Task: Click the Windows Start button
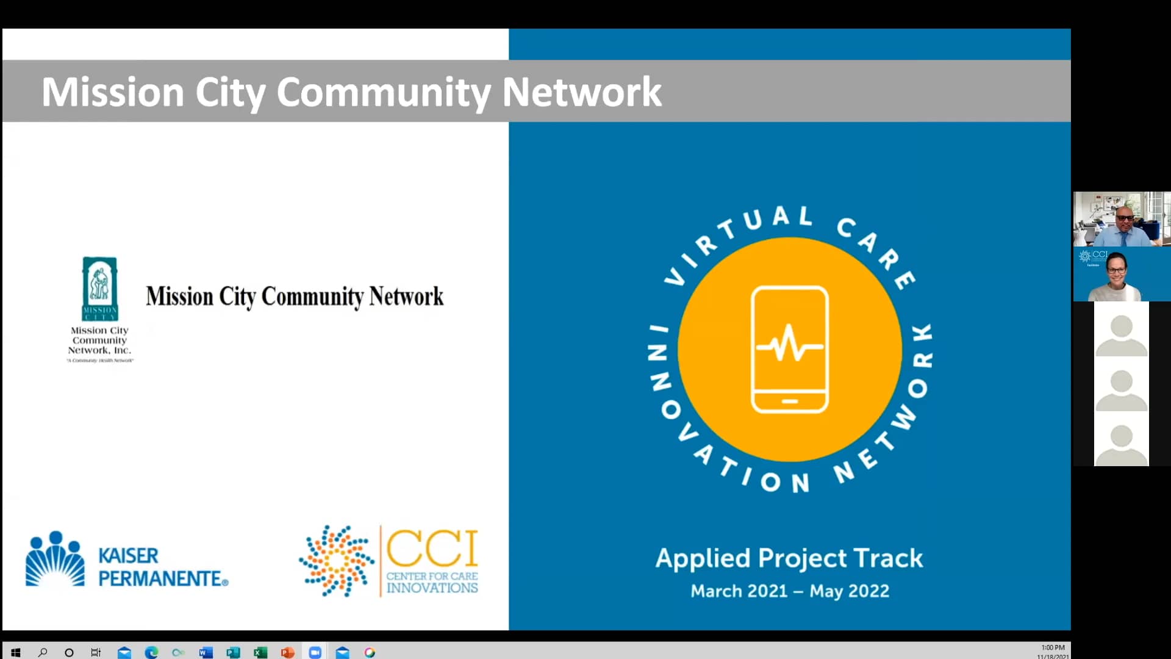pos(16,652)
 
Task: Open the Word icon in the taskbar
pos(206,652)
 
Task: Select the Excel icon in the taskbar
pos(260,652)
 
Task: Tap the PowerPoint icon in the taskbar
pos(287,652)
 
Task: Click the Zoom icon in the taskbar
pos(315,652)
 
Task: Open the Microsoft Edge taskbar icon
pos(151,652)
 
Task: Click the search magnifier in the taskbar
pos(43,652)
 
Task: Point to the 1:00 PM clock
pos(1053,647)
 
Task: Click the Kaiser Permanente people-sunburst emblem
pos(55,559)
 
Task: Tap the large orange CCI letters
pos(432,548)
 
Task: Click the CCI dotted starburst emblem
pos(336,561)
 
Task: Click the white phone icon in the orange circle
pos(789,350)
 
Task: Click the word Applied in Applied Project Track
pos(703,558)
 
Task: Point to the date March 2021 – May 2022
pos(790,591)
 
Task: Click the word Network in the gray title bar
pos(581,92)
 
